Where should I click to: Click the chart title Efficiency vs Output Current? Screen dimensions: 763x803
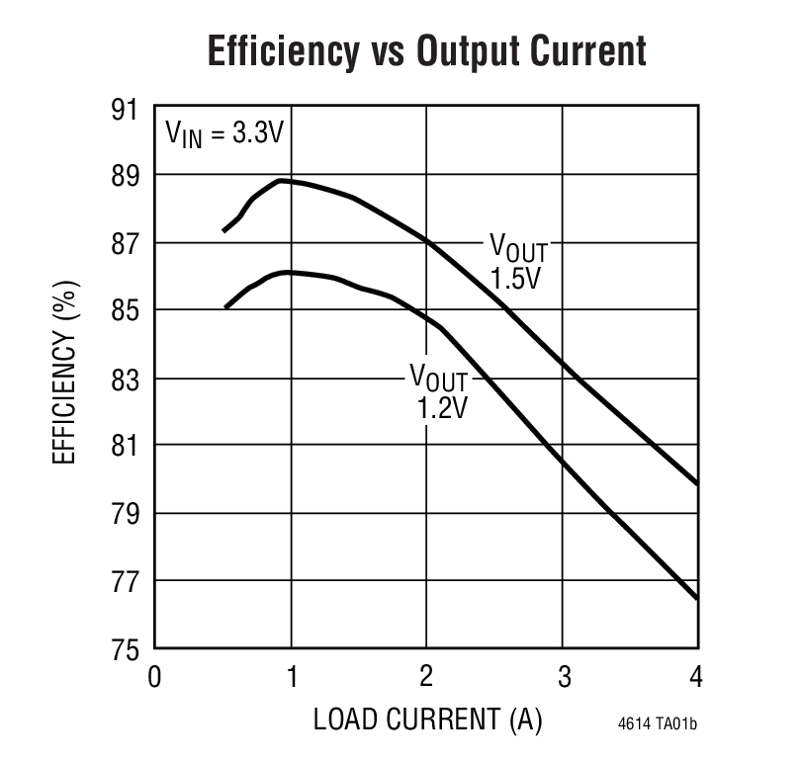(426, 51)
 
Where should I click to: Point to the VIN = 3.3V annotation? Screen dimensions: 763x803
(224, 132)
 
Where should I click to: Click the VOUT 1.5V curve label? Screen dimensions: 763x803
(518, 262)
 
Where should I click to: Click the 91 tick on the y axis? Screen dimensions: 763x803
(126, 109)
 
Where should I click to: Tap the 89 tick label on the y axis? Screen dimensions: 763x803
(126, 176)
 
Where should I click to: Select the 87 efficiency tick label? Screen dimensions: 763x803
(126, 244)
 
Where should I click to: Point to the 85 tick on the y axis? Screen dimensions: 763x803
(126, 311)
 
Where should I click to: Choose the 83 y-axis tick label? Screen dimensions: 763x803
(126, 380)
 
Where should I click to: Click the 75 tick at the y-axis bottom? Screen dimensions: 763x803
(126, 649)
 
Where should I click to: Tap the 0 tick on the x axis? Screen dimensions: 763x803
(154, 677)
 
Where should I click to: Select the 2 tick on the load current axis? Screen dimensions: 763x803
(426, 677)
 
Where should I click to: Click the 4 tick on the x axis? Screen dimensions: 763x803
(696, 677)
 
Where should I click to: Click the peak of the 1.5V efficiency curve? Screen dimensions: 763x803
(281, 181)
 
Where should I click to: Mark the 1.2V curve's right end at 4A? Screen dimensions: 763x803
(697, 598)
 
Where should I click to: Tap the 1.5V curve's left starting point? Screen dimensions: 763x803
(223, 231)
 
